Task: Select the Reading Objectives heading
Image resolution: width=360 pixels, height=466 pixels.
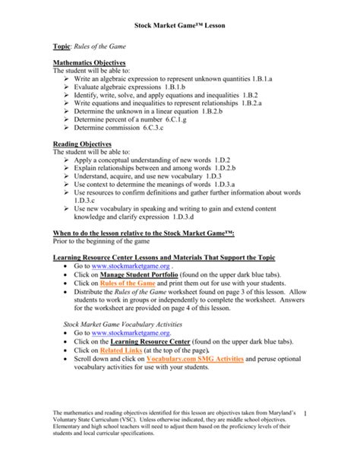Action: pos(81,144)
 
